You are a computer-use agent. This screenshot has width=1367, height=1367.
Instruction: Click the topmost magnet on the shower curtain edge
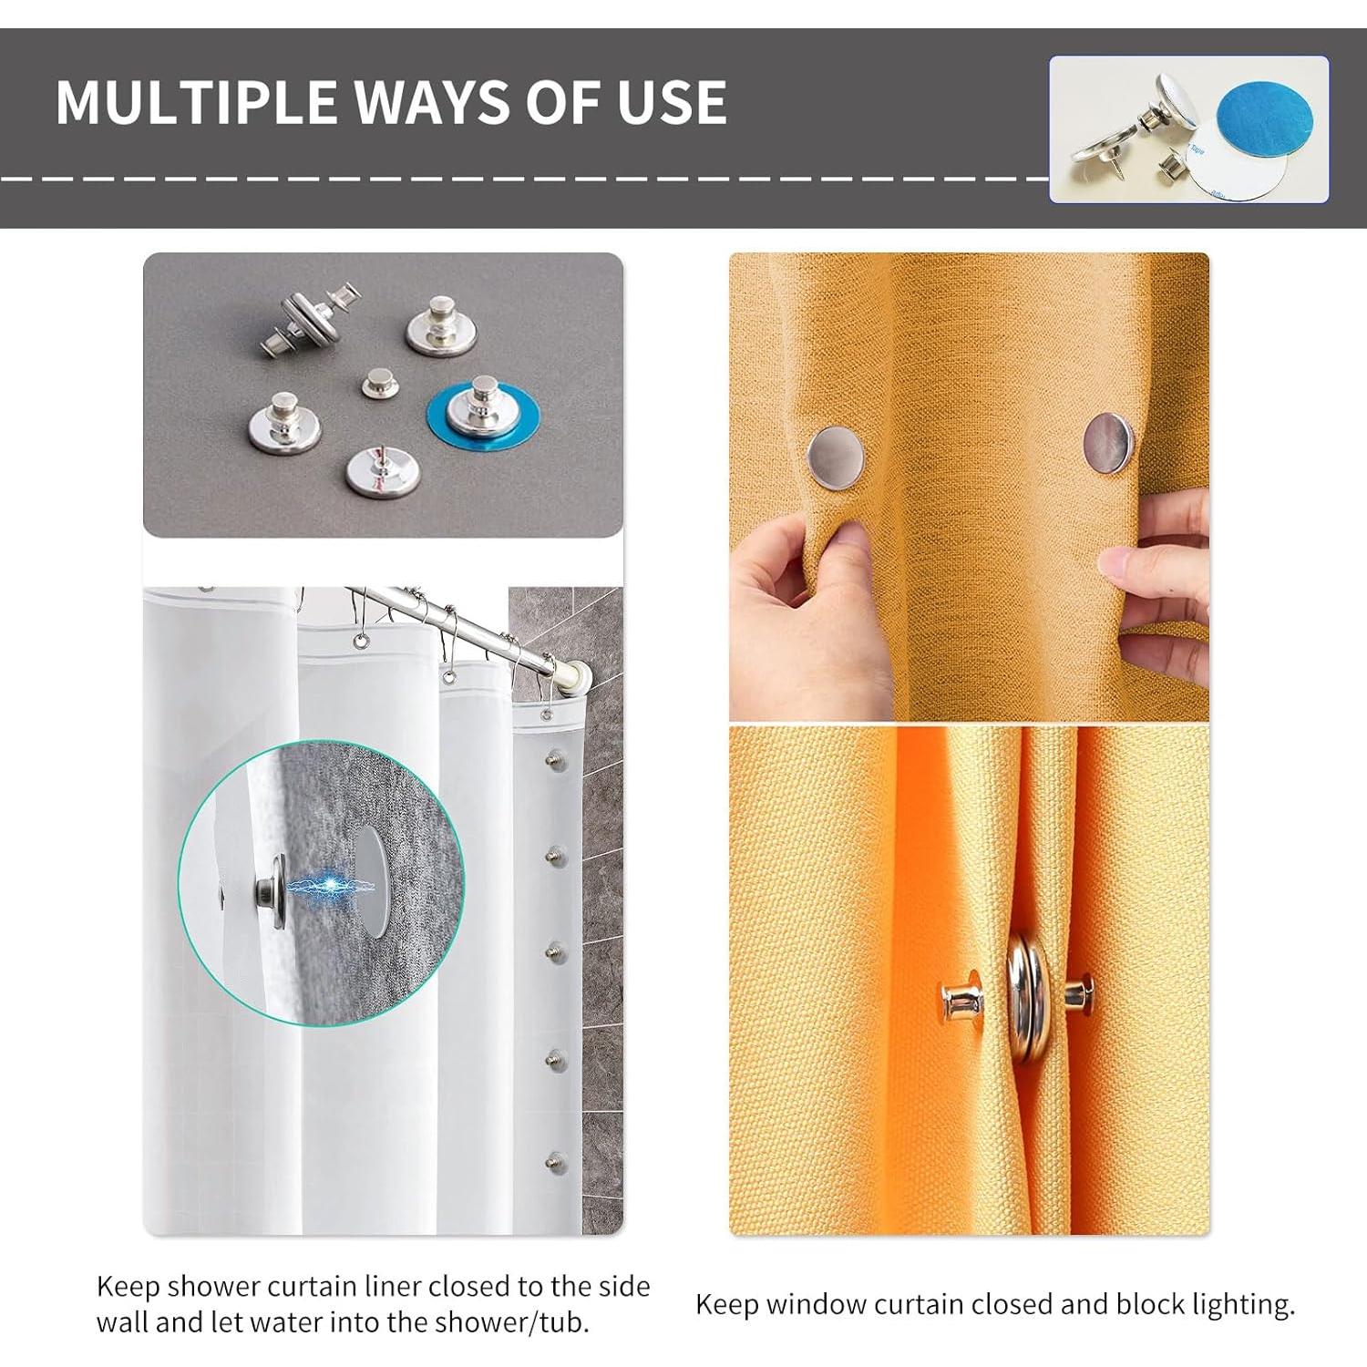click(552, 758)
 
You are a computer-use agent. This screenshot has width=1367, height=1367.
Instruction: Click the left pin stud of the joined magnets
click(961, 999)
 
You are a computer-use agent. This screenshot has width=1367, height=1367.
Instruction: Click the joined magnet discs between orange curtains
click(1027, 996)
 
